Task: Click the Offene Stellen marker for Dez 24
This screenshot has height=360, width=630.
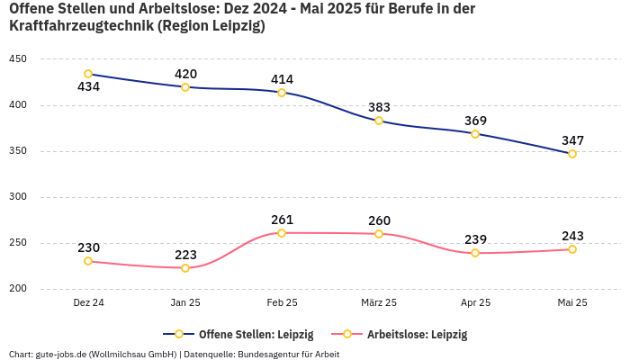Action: tap(88, 74)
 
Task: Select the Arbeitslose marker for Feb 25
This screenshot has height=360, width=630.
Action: tap(282, 233)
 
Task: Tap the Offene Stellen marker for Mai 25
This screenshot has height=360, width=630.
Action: tap(572, 154)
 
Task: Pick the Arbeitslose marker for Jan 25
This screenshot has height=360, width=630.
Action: tap(185, 268)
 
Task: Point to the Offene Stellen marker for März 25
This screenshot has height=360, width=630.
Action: tap(379, 121)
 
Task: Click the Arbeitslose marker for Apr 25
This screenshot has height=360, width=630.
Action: tap(475, 253)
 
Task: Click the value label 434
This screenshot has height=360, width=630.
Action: tap(88, 87)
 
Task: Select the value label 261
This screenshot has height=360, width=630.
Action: tap(282, 220)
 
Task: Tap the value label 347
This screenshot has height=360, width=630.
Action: tap(572, 140)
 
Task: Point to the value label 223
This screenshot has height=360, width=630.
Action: tap(185, 255)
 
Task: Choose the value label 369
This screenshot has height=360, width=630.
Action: tap(475, 121)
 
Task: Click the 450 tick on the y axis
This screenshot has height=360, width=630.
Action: tap(17, 59)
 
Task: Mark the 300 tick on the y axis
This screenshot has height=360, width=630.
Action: tap(17, 197)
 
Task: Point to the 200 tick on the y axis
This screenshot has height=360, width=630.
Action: tap(17, 289)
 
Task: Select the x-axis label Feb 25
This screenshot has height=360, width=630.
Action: tap(282, 303)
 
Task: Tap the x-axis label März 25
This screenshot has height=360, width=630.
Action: tap(379, 303)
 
